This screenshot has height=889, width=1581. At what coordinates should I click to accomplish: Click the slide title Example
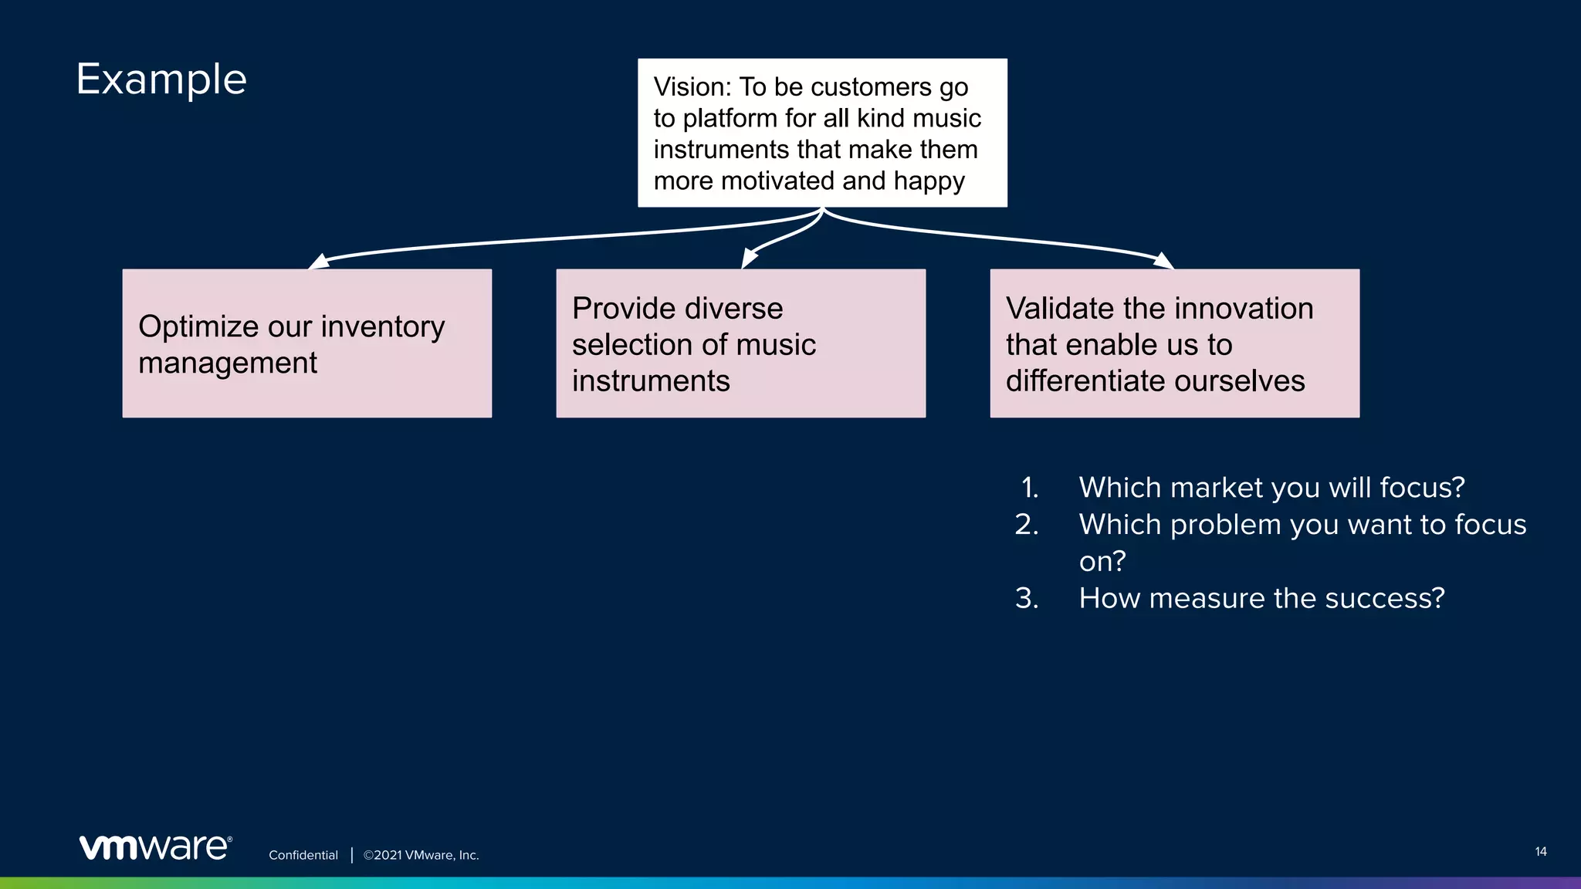coord(161,79)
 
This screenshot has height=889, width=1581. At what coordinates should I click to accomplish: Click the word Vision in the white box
coord(689,87)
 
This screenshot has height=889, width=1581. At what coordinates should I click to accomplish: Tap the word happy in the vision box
coord(929,181)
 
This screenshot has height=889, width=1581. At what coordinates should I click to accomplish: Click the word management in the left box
coord(228,363)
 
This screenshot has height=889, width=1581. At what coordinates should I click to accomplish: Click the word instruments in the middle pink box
coord(650,381)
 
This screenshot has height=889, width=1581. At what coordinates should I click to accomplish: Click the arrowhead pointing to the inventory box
coord(318,262)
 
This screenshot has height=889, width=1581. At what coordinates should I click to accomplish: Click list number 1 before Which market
coord(1029,488)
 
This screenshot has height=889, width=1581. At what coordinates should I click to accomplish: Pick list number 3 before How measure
coord(1027,599)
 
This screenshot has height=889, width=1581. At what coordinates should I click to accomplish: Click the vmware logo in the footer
coord(155,847)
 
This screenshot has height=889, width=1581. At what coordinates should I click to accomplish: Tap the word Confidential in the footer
coord(303,855)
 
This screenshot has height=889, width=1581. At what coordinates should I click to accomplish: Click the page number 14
coord(1540,852)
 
